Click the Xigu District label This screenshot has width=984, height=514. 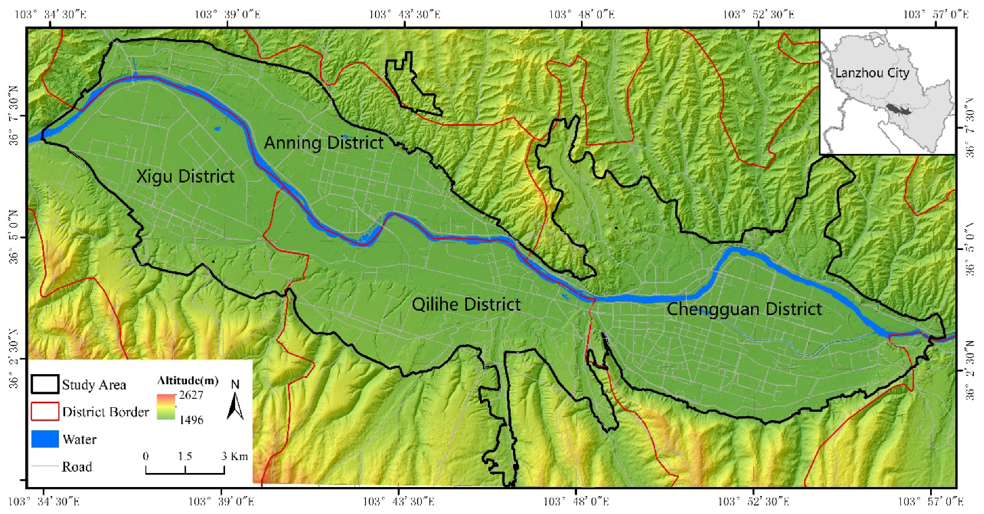click(185, 176)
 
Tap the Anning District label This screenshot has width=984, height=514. click(323, 143)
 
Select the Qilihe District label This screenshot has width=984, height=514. click(466, 304)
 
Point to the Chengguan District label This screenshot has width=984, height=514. click(744, 309)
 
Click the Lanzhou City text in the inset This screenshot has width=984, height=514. click(872, 73)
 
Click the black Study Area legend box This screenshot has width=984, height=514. click(45, 385)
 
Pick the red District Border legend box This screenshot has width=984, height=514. click(45, 412)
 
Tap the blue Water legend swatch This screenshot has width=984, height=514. click(45, 439)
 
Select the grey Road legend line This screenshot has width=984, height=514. click(45, 466)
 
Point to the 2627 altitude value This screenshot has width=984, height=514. click(191, 395)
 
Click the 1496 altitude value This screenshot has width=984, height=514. click(191, 420)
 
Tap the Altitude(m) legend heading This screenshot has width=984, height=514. click(187, 381)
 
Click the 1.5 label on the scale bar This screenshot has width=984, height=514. click(185, 456)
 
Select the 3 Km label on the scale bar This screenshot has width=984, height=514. click(235, 456)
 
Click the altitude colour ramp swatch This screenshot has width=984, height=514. click(166, 407)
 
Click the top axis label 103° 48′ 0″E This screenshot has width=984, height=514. click(582, 13)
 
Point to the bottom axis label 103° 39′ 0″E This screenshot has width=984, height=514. click(221, 501)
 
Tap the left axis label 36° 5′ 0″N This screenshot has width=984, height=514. click(13, 237)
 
